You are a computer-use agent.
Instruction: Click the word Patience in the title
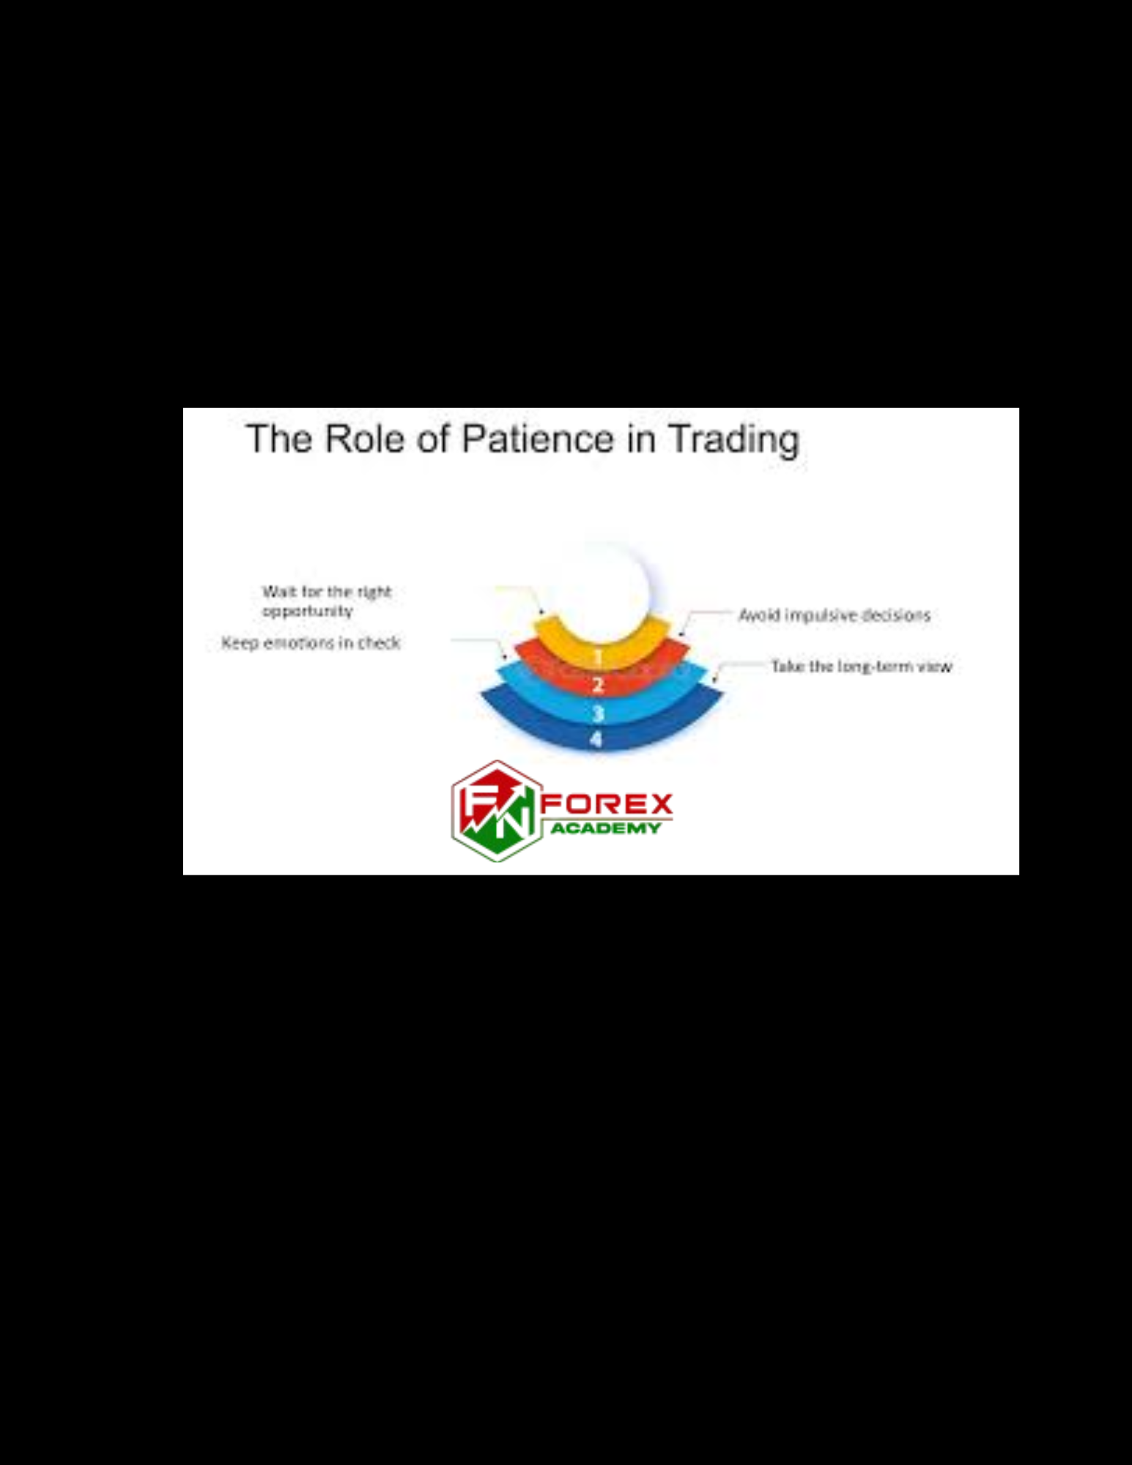tap(537, 439)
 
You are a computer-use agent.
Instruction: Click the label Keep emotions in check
tap(311, 642)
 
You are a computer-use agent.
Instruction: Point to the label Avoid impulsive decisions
tap(834, 615)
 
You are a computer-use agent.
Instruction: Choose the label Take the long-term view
tap(861, 667)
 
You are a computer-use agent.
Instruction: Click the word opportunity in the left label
tap(308, 611)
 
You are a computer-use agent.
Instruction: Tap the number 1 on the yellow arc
tap(598, 656)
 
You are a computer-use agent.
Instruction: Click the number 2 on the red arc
tap(598, 686)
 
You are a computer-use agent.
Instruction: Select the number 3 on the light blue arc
tap(598, 713)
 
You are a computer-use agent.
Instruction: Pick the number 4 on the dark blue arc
tap(596, 739)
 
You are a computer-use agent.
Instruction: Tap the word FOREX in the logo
tap(607, 804)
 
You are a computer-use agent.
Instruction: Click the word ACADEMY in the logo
tap(606, 828)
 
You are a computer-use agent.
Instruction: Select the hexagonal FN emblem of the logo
tap(497, 811)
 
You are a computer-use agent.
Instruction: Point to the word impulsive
tap(821, 615)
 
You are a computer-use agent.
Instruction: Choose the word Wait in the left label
tap(279, 591)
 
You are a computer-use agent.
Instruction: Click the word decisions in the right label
tap(896, 615)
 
